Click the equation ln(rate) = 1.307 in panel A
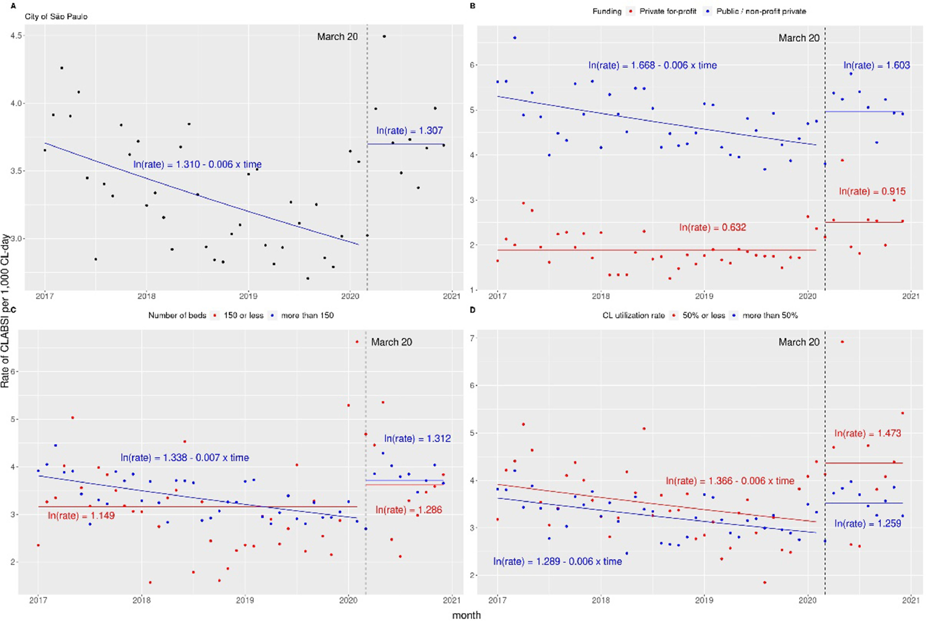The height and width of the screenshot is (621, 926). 409,131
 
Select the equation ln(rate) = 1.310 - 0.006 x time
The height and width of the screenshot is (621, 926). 197,164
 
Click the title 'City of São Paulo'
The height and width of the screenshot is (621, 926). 56,17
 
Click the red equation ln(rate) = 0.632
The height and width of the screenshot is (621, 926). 712,227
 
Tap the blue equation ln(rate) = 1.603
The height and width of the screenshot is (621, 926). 876,65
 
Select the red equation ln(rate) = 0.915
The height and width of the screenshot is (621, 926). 872,191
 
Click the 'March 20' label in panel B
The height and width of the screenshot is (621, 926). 799,38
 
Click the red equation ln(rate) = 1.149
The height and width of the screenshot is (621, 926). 81,516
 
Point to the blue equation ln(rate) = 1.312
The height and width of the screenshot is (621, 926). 417,439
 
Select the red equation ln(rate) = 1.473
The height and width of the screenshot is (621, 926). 867,433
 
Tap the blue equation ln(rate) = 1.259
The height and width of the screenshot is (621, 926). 867,524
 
